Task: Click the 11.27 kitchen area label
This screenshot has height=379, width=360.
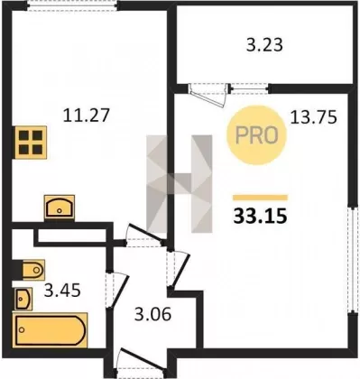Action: (x=86, y=116)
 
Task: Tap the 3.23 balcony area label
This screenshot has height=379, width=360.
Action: (x=264, y=46)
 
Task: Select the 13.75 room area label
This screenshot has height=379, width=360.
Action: (x=313, y=117)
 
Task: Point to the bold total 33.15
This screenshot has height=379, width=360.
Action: (x=260, y=216)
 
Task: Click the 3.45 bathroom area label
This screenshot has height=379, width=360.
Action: (x=62, y=291)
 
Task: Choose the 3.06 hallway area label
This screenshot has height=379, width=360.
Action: (x=152, y=314)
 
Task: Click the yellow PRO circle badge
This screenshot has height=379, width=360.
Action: (x=256, y=135)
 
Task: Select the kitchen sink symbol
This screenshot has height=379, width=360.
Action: (x=60, y=207)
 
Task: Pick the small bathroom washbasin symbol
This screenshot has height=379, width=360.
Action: (x=23, y=299)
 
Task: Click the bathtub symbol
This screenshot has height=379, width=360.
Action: (x=50, y=330)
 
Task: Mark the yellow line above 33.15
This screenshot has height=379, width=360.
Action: (x=260, y=198)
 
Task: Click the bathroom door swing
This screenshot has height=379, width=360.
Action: (x=118, y=291)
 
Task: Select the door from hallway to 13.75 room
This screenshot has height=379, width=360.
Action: (x=179, y=269)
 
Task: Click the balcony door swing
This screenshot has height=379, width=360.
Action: (x=209, y=95)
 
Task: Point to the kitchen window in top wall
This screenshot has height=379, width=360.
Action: (x=71, y=6)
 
